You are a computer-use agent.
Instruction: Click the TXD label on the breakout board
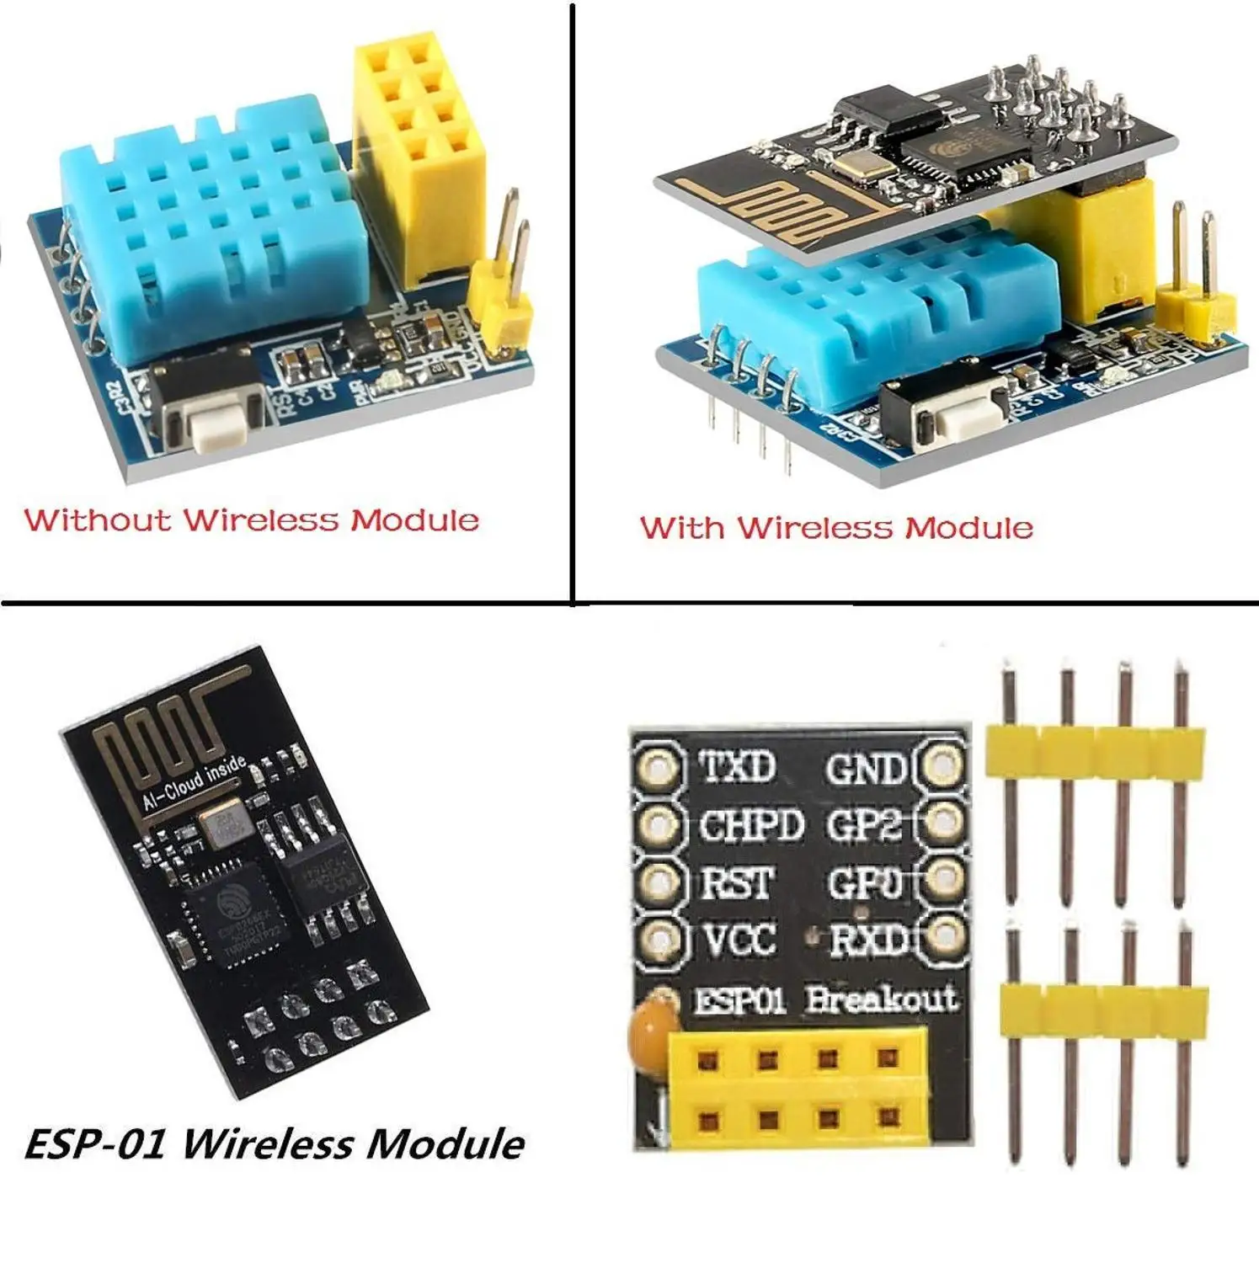pyautogui.click(x=738, y=767)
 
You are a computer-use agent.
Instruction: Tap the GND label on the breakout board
pyautogui.click(x=867, y=769)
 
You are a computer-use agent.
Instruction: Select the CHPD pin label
pyautogui.click(x=751, y=826)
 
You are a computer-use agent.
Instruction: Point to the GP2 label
pyautogui.click(x=865, y=826)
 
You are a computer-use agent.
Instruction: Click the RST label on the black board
pyautogui.click(x=738, y=883)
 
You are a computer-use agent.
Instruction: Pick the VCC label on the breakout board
pyautogui.click(x=739, y=939)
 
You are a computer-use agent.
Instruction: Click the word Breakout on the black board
pyautogui.click(x=881, y=999)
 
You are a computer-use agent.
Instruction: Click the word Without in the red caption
pyautogui.click(x=96, y=520)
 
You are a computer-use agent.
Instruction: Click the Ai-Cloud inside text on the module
pyautogui.click(x=195, y=782)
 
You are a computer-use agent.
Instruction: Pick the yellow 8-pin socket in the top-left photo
pyautogui.click(x=419, y=152)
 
